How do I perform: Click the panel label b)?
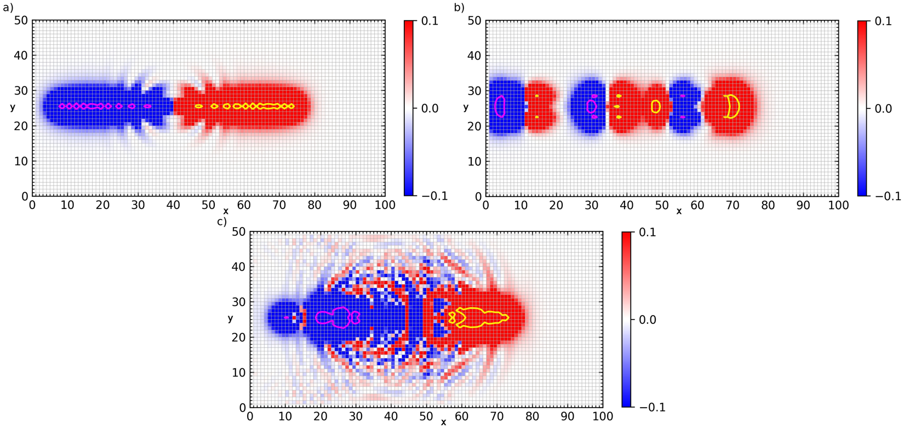tap(459, 7)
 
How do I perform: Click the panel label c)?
tap(221, 222)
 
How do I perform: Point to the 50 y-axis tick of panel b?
tap(474, 21)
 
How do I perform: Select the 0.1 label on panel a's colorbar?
tap(430, 21)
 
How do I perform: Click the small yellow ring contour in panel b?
tap(656, 106)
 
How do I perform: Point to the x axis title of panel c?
tap(443, 422)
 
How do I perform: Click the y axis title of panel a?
tap(13, 107)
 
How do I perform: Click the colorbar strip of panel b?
tap(863, 108)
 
